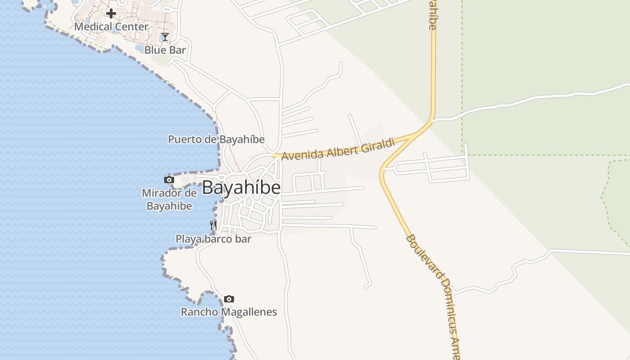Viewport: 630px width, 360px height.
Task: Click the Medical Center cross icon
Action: [111, 13]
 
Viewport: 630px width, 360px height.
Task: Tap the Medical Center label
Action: [111, 27]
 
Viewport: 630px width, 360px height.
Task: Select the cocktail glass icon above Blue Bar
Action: [165, 37]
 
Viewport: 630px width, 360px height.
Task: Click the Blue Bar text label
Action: [165, 50]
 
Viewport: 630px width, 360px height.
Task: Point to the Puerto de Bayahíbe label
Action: [216, 139]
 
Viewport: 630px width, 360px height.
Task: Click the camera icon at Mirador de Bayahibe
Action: [169, 180]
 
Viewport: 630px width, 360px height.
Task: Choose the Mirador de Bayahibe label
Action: [169, 200]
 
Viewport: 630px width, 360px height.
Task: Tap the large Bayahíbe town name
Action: [241, 188]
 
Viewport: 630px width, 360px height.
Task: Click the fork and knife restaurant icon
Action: [213, 225]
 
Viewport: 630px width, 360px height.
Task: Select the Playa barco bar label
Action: [213, 239]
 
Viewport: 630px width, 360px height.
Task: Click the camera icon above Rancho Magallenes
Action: [229, 299]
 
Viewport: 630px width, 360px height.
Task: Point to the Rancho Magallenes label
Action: [229, 312]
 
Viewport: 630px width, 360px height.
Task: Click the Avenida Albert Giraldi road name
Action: [338, 150]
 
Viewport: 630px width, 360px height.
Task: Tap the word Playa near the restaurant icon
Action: [188, 239]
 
